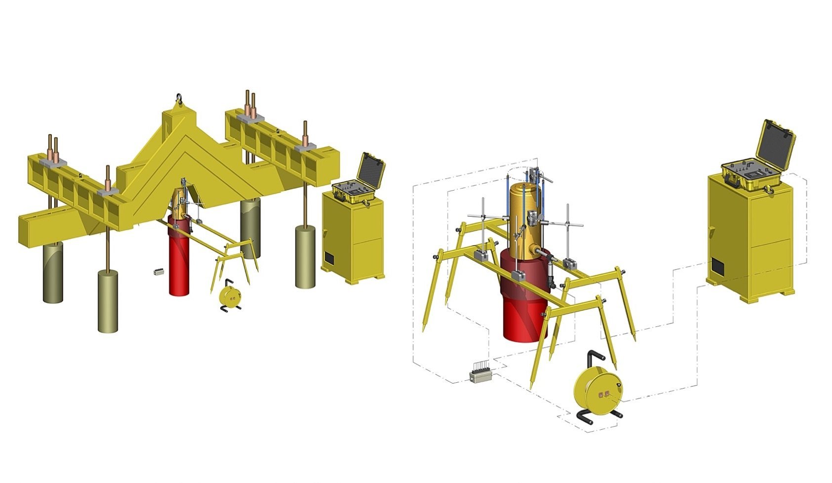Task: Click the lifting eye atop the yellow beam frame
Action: (179, 99)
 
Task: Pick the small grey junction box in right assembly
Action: (481, 375)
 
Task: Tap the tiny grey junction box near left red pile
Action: (158, 272)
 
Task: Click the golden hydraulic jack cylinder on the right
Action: (526, 217)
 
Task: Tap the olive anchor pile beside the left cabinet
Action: (305, 257)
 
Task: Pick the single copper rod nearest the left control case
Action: (305, 133)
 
